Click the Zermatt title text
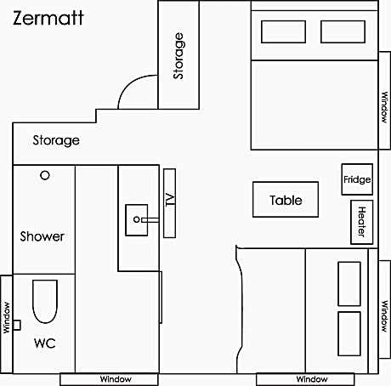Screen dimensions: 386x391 coord(48,18)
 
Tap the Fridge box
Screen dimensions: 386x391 coord(357,180)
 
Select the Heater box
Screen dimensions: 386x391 coord(362,220)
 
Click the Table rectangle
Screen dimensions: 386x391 coord(286,201)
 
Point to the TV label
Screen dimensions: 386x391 coord(169,201)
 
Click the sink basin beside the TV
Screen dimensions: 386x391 coord(136,219)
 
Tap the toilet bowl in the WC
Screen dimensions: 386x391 coord(44,301)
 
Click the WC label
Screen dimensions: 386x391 coord(44,344)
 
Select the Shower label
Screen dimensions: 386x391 coord(42,236)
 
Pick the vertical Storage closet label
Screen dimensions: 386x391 coord(178,56)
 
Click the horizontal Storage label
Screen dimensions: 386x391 coord(56,140)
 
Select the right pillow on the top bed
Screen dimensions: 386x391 coord(342,31)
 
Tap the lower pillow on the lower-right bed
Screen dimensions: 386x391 coord(350,332)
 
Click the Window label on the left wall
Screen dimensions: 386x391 coord(7,319)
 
